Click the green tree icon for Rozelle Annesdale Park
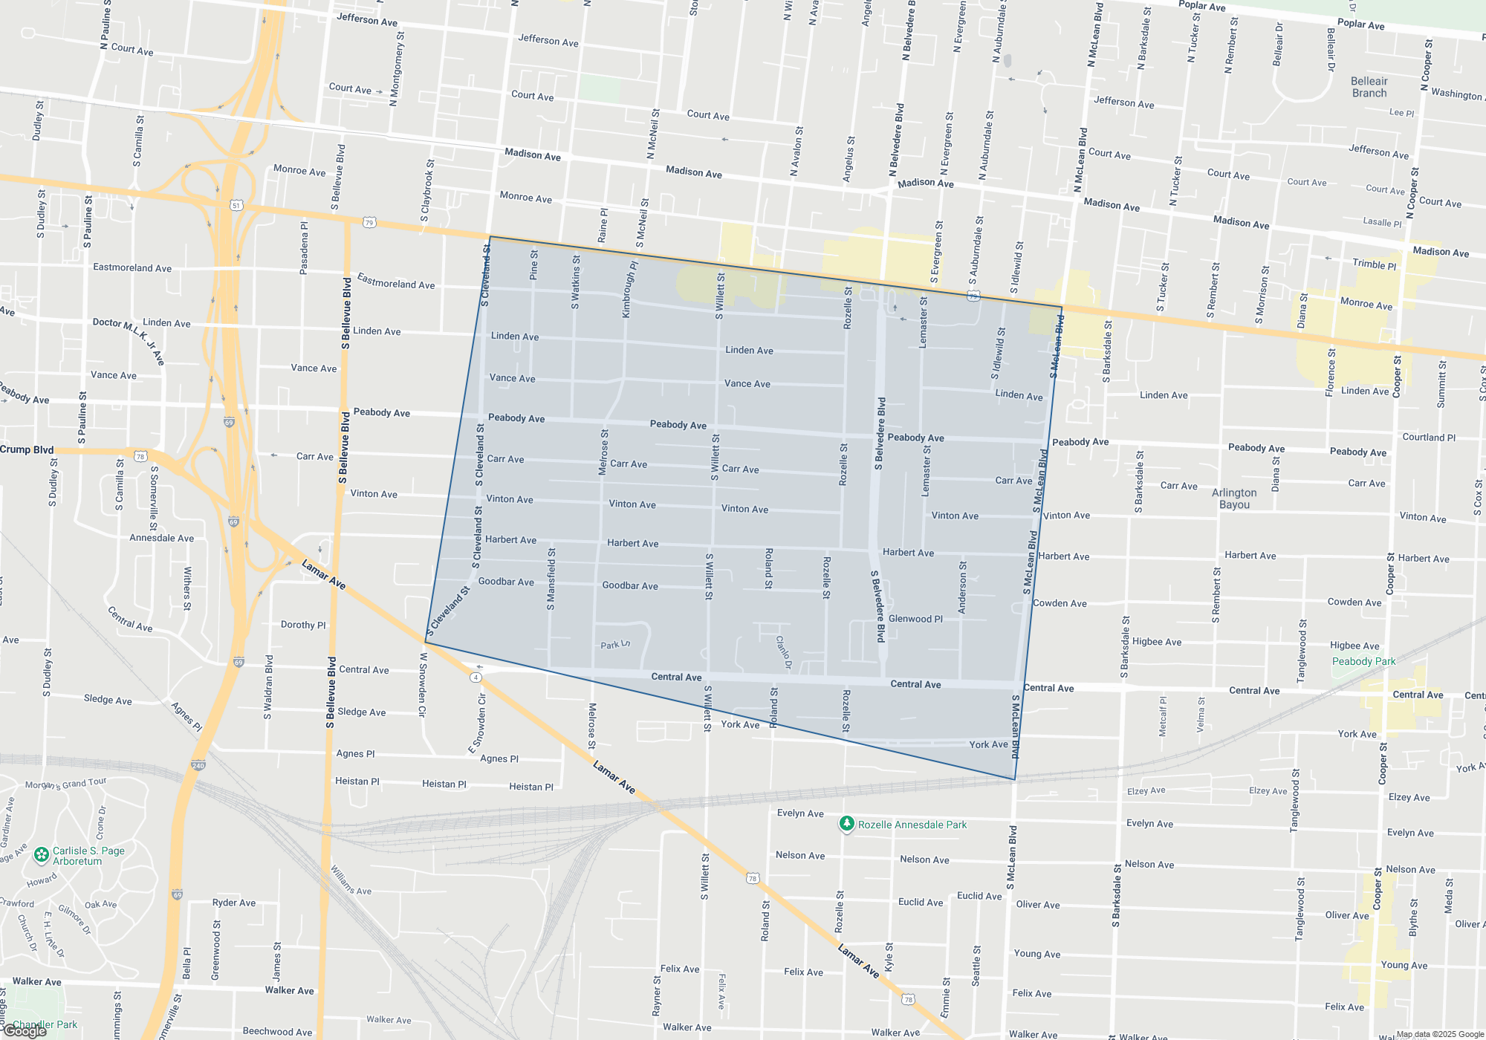[846, 823]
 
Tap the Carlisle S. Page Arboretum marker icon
[42, 856]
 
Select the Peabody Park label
[1363, 661]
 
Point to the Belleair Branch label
[1369, 87]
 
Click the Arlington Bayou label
[1234, 498]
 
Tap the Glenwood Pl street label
[915, 619]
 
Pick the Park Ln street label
[615, 645]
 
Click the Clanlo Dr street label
[783, 652]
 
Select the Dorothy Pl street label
[303, 625]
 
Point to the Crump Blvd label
[27, 449]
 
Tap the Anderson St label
[962, 588]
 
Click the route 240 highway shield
[198, 765]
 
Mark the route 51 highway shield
[236, 205]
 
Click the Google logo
[25, 1031]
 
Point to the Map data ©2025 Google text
[1440, 1034]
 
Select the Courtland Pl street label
[1429, 438]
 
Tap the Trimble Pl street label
[1374, 264]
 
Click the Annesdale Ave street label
[161, 538]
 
